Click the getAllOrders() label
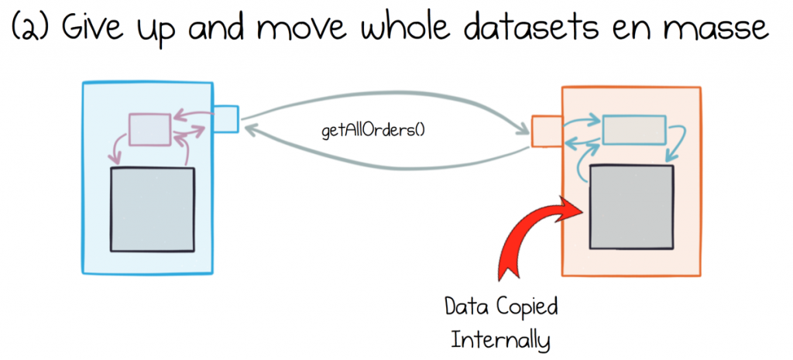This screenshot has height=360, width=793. (374, 130)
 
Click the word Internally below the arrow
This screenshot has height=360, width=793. (499, 340)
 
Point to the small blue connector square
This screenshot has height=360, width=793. (225, 118)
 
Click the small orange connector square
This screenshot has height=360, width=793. (547, 132)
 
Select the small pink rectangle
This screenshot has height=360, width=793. (149, 130)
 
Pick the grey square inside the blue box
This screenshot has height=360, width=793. (153, 209)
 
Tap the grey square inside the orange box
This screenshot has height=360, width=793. (631, 207)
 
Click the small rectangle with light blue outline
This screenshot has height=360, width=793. (633, 129)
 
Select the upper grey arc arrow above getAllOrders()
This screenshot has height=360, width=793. (384, 95)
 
